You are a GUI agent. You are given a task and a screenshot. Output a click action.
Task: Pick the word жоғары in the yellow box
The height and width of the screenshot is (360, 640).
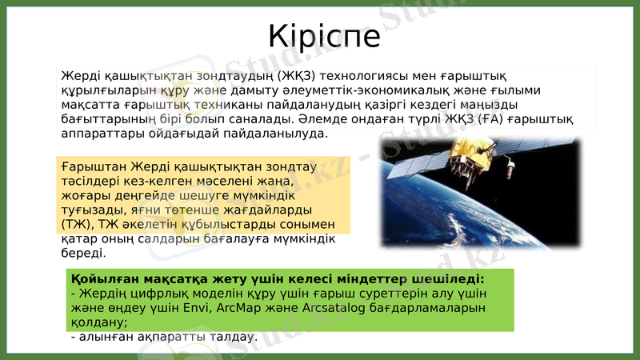tap(82, 195)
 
